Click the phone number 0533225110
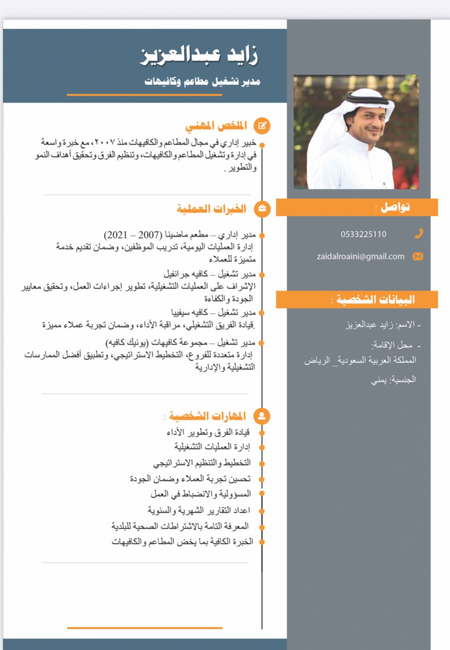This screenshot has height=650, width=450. coord(363,234)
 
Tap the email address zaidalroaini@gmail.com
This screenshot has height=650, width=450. coord(360,256)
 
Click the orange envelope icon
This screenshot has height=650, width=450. coord(418,256)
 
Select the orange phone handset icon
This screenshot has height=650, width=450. coord(419,234)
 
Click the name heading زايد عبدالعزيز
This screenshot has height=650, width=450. coord(199,55)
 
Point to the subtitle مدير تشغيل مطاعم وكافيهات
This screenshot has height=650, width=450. coord(203,81)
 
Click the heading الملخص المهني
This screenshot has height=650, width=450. coord(216,126)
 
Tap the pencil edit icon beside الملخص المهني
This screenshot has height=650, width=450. coord(262,126)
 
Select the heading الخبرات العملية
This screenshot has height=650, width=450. coord(211,209)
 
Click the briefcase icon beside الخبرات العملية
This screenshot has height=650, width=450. coord(262,209)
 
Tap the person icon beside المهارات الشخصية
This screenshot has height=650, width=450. coord(262,416)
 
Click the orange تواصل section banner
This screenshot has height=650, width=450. coord(357,207)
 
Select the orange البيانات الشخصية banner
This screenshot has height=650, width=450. coord(357,300)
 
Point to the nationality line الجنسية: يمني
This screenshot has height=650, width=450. coord(393,379)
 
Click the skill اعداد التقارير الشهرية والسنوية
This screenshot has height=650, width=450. coord(199,510)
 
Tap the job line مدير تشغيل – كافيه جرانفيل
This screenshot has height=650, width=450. coord(210,274)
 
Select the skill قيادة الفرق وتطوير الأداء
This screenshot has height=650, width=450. coord(208,433)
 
